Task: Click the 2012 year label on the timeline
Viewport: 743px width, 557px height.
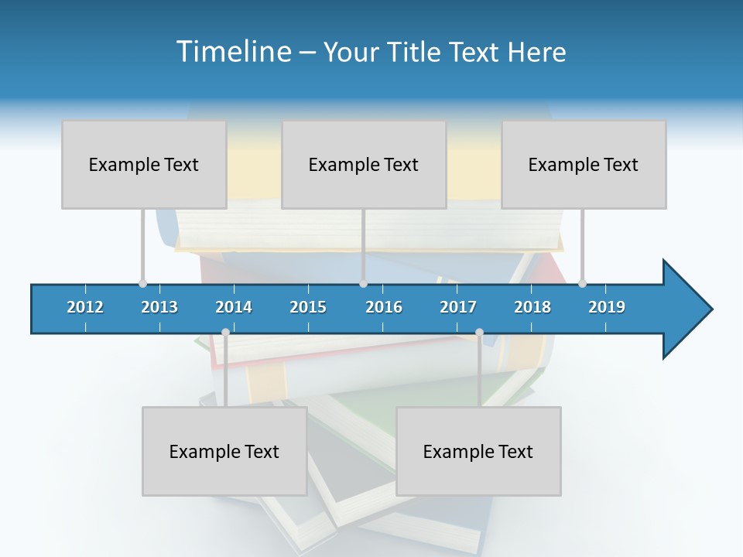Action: (85, 307)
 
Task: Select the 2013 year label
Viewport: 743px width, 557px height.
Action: (159, 307)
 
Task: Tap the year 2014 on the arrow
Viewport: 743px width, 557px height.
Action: (234, 307)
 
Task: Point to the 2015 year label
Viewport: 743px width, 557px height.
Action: (308, 307)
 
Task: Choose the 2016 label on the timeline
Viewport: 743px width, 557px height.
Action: (384, 307)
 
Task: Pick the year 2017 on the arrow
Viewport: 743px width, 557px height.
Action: (458, 307)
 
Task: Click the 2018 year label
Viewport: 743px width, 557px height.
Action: (532, 307)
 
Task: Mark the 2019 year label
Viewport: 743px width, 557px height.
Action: (607, 307)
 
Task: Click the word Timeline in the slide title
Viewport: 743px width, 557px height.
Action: (233, 52)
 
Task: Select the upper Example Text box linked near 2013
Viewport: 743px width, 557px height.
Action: (144, 164)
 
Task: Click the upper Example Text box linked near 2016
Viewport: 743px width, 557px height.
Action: (364, 164)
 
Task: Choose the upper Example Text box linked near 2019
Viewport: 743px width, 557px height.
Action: (584, 164)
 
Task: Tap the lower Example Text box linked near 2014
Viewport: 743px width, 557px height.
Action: (224, 451)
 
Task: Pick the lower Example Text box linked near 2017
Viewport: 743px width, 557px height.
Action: (478, 451)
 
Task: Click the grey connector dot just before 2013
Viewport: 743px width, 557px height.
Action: (142, 283)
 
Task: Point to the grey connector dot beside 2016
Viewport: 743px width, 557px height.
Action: (363, 283)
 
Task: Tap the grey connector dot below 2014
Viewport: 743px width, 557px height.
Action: (225, 332)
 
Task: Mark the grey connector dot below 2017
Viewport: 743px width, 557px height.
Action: (479, 332)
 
